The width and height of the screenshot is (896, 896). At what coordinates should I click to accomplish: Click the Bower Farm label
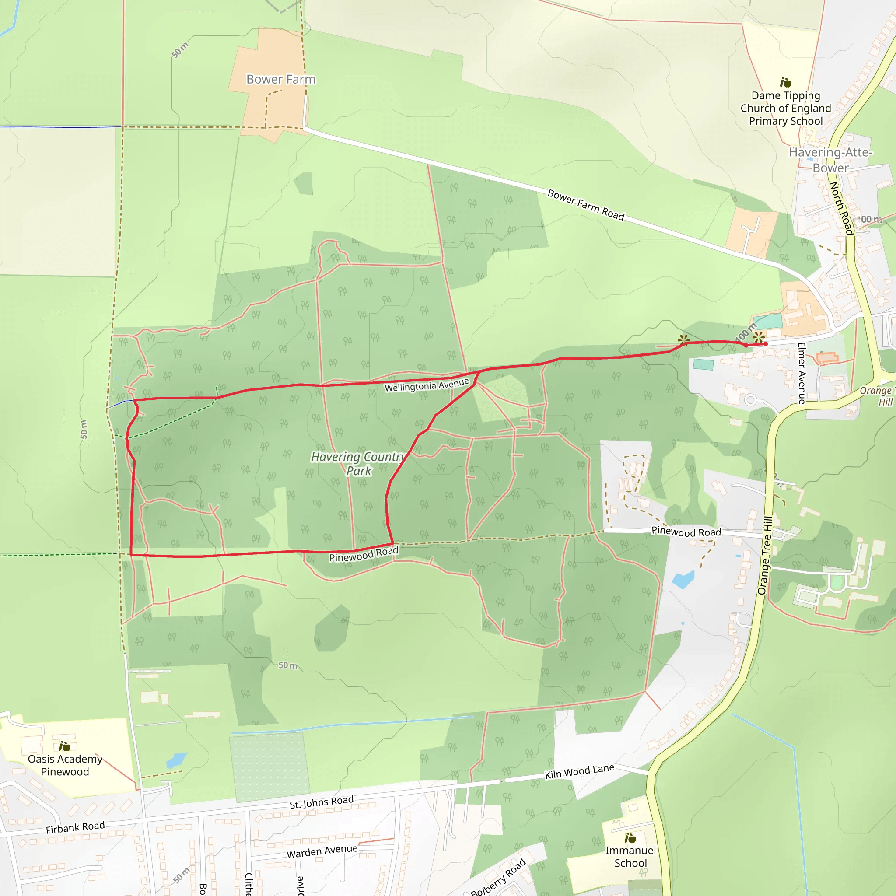click(x=280, y=79)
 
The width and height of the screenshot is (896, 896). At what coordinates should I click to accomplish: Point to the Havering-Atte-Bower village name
click(x=831, y=160)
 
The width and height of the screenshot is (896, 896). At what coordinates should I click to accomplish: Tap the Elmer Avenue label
click(x=801, y=373)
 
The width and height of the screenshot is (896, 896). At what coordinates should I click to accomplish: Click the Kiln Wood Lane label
click(x=579, y=771)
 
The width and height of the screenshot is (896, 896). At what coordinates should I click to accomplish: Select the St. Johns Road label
click(x=322, y=802)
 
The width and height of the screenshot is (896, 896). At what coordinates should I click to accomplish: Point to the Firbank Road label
click(x=75, y=827)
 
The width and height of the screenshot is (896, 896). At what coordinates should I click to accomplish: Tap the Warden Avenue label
click(x=322, y=851)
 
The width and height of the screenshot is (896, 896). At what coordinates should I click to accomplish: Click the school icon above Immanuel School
click(x=630, y=837)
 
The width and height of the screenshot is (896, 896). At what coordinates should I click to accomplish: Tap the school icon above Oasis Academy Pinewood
click(x=64, y=746)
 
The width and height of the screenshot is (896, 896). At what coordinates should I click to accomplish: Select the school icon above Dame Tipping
click(x=786, y=83)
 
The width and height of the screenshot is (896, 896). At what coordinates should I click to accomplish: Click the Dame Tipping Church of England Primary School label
click(x=786, y=108)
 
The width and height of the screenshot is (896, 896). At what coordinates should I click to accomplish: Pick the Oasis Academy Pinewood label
click(x=65, y=765)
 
